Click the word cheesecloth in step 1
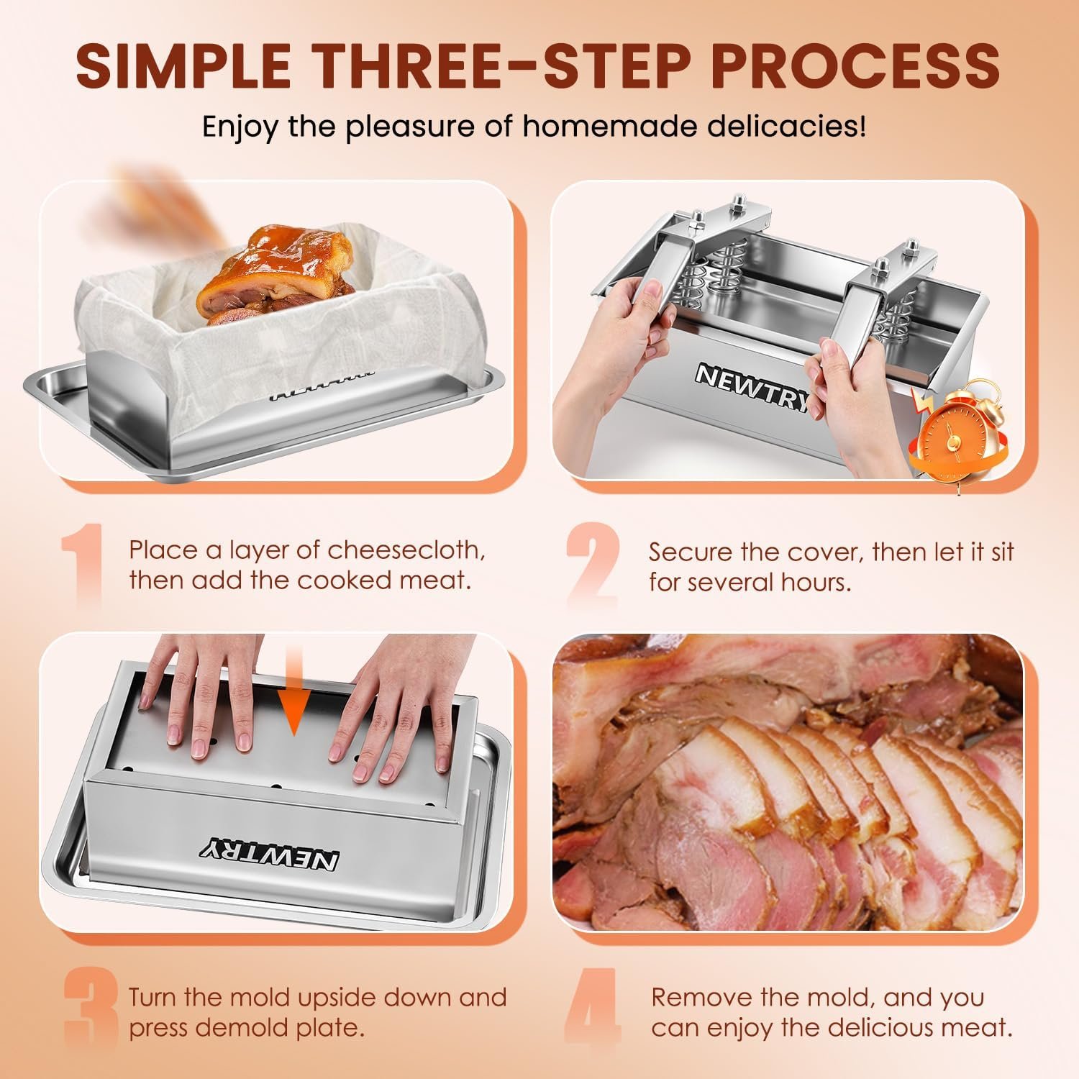406,550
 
